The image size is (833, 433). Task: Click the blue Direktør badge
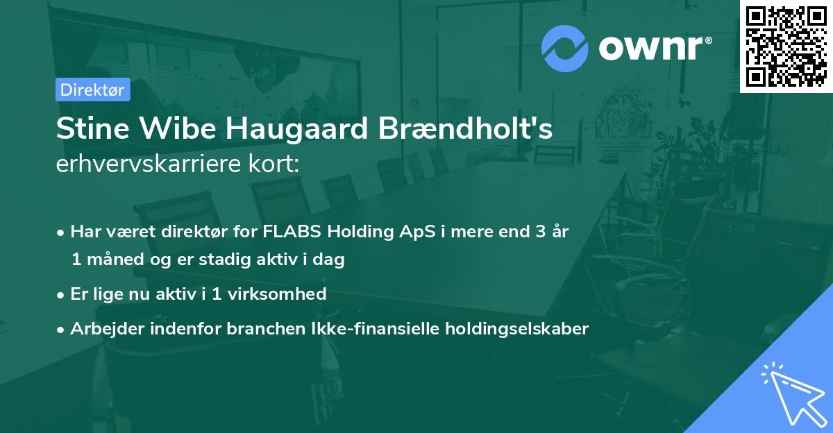[93, 90]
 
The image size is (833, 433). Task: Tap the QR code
[786, 46]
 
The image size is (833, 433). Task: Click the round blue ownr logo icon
[564, 49]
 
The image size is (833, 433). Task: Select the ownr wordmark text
[655, 48]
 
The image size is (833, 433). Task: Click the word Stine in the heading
[93, 128]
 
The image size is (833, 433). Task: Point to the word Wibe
[178, 128]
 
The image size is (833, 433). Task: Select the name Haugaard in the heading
[297, 129]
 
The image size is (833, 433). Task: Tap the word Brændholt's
[465, 128]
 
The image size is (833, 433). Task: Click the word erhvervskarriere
[149, 164]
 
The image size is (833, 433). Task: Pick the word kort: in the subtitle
[274, 164]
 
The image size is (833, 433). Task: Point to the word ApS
[417, 232]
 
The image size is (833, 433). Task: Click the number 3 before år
[541, 231]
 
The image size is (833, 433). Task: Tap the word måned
[115, 259]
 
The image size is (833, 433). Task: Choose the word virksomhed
[277, 294]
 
